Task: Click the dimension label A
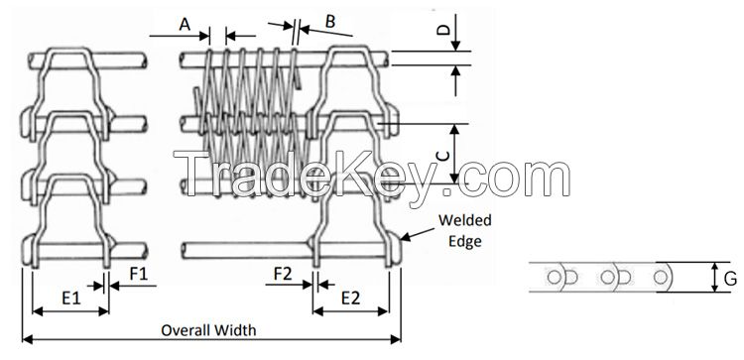coord(185,24)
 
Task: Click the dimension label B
coord(330,21)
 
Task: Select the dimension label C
coord(442,157)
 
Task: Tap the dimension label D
coord(442,30)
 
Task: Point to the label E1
coord(72,298)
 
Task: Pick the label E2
coord(350,298)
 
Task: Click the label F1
coord(139,274)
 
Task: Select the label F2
coord(283,274)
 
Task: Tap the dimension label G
coord(731,279)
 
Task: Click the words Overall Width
coord(208,330)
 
